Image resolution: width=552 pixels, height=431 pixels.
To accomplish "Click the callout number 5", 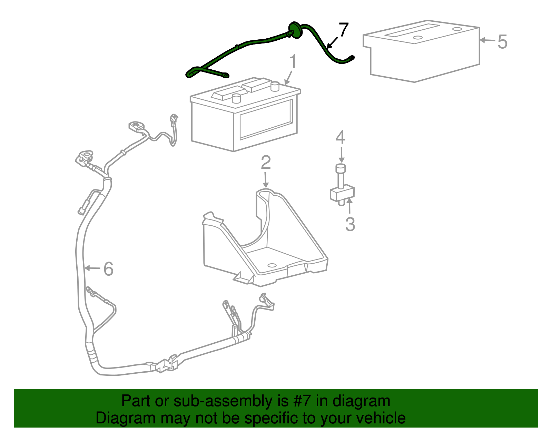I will (502, 42).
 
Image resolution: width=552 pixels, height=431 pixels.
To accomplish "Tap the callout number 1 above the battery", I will (293, 62).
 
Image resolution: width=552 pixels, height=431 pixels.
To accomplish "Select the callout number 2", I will (266, 163).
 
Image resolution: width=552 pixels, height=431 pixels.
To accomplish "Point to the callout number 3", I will (350, 224).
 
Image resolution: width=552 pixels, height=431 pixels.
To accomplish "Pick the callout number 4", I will (341, 137).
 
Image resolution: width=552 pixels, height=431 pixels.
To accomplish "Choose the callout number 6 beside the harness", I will (108, 269).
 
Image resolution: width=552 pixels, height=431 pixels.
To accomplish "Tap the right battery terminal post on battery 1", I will (275, 86).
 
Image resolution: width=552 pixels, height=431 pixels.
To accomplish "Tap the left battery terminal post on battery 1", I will (236, 98).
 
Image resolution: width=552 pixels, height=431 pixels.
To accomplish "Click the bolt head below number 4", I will (341, 169).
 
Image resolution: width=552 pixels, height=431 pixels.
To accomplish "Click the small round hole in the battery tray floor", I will (272, 265).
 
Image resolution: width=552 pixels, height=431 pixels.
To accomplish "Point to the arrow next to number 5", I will (487, 40).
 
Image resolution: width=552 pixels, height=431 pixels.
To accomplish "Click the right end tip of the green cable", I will (352, 58).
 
